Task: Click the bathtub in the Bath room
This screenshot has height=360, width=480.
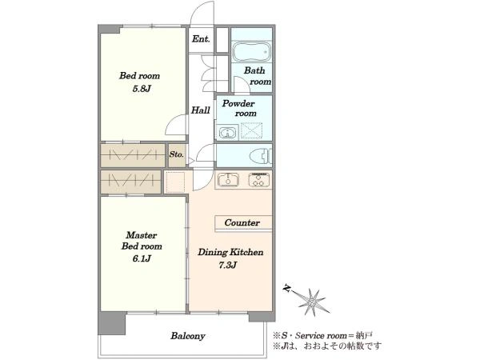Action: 252,51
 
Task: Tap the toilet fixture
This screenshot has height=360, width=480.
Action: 261,156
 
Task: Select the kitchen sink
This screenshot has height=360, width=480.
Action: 228,180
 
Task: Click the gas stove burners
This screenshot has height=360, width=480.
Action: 259,180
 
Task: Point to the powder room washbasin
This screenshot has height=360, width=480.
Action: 227,133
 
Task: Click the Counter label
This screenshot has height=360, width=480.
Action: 242,222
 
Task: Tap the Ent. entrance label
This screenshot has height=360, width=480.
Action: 201,39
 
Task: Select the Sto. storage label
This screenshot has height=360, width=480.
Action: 177,154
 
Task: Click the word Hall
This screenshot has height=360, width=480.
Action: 201,110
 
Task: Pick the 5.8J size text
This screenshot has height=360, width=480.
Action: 142,89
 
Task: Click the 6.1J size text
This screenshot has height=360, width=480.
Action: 142,258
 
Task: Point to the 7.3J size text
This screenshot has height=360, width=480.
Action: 228,265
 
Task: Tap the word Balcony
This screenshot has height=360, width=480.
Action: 188,336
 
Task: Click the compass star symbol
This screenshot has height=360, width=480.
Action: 312,302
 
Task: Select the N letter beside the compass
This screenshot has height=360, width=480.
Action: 287,288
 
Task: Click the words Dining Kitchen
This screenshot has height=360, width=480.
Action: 230,252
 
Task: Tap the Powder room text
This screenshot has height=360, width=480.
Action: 239,108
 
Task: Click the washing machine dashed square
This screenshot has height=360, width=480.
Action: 252,132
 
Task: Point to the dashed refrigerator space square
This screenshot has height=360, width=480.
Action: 175,182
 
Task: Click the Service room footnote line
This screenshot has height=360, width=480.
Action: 323,335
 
